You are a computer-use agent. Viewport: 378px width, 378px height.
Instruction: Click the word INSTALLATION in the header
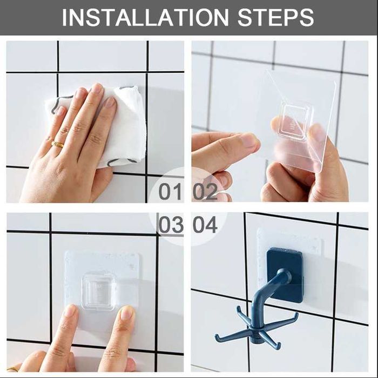145,17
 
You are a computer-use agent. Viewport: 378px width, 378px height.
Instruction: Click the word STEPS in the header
275,17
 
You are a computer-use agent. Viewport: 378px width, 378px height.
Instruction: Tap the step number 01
170,191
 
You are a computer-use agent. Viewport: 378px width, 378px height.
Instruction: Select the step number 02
205,191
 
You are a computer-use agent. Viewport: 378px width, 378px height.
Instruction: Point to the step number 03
171,225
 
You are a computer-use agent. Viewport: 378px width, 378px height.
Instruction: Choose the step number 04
205,225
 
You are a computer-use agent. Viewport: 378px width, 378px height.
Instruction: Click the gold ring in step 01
57,145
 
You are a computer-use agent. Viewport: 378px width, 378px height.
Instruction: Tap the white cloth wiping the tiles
102,125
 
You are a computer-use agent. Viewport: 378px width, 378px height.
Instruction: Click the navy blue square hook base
285,275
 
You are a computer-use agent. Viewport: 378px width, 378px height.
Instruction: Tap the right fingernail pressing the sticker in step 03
127,313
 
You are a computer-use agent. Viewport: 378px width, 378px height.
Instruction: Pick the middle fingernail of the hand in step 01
98,89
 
